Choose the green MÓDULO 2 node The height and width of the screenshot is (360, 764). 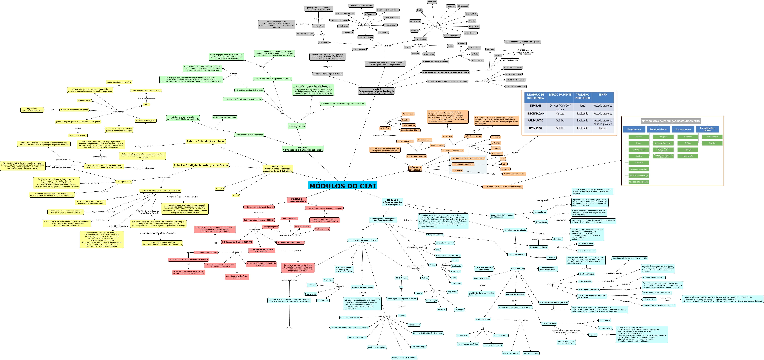(x=303, y=149)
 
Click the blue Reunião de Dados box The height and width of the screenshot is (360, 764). (x=658, y=129)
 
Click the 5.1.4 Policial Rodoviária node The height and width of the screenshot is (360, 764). (x=516, y=87)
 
